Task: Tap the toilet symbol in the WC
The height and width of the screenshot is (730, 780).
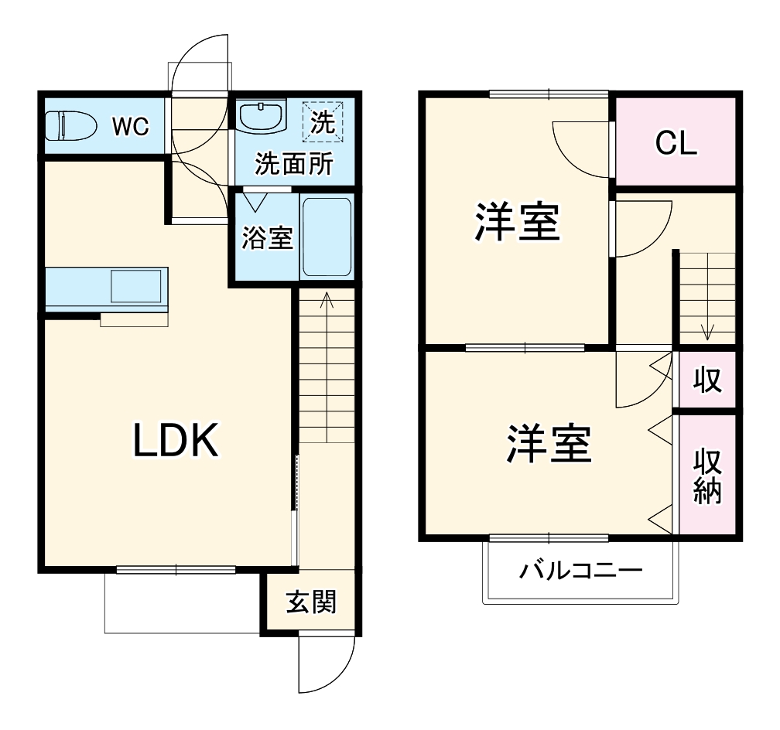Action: [69, 125]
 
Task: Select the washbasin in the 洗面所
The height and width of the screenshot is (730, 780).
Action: [262, 117]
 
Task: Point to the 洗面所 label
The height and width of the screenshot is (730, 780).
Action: [294, 165]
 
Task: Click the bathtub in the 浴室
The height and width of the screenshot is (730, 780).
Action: [326, 237]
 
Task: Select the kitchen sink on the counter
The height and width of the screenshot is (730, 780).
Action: [136, 286]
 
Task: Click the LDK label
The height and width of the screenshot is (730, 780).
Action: [177, 441]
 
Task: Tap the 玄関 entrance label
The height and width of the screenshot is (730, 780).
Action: [311, 602]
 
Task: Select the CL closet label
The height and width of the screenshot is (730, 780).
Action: [676, 142]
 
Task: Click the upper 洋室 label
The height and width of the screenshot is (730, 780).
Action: [517, 222]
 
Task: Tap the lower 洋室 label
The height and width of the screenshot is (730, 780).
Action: [549, 444]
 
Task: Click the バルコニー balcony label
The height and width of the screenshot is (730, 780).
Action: [580, 572]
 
